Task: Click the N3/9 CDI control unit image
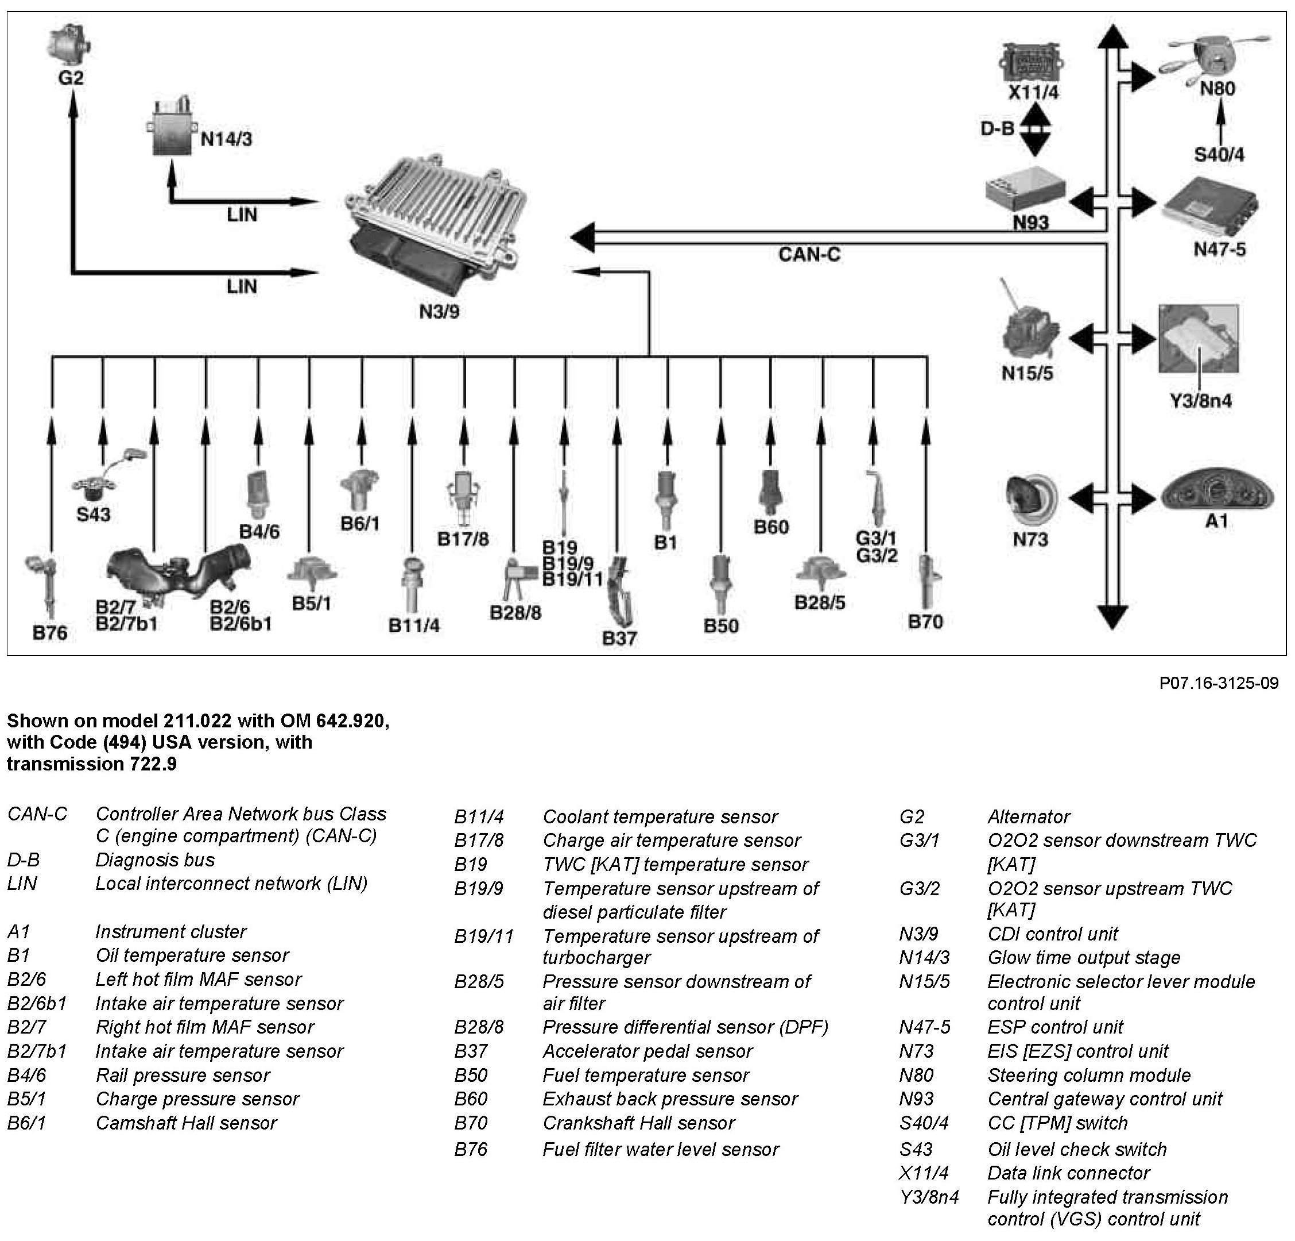point(436,225)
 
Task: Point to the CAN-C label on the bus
point(809,255)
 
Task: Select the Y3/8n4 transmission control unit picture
point(1198,339)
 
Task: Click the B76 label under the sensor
point(50,633)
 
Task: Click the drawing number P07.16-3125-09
point(1218,683)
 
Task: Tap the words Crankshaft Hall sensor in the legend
point(638,1123)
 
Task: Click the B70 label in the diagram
point(925,622)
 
